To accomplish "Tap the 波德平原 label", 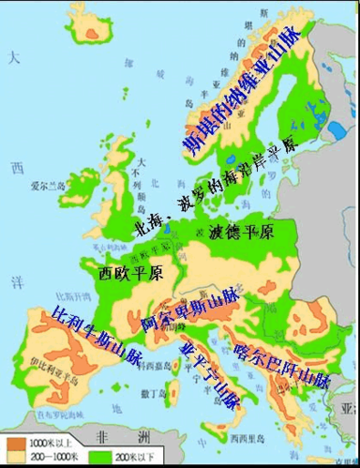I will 242,232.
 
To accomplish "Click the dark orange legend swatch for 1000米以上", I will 16,439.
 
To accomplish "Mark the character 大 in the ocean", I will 12,58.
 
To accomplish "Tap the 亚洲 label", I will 349,409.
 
